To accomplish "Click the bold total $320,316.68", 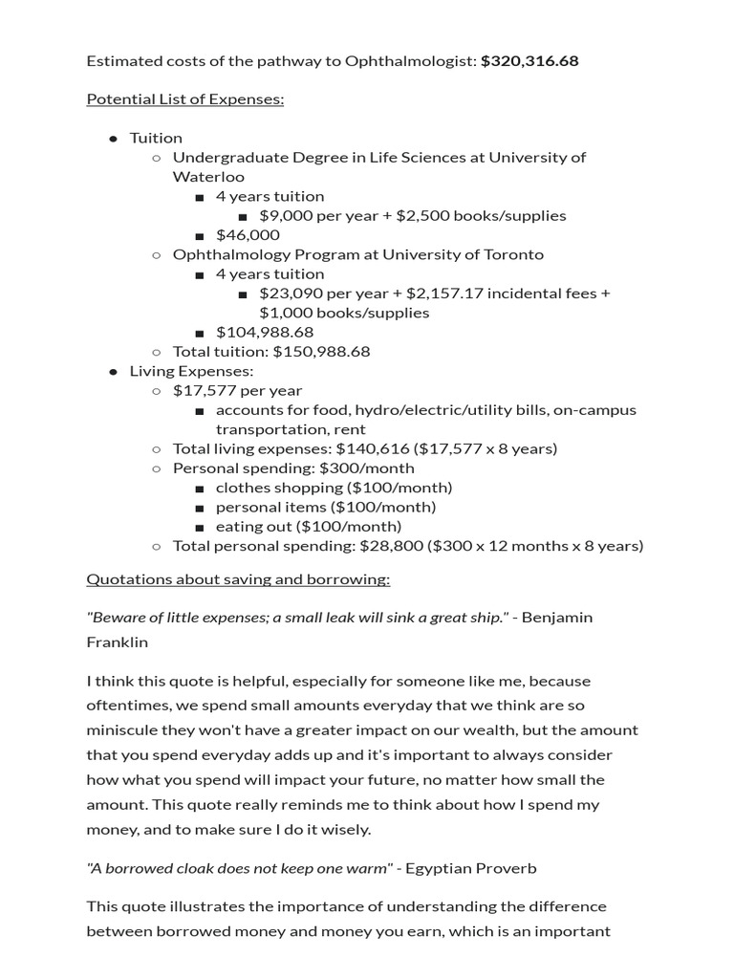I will [x=529, y=61].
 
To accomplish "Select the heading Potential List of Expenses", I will [x=185, y=99].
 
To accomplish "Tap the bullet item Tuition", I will [x=156, y=138].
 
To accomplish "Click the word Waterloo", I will [x=208, y=177].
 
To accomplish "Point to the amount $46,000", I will [x=248, y=235].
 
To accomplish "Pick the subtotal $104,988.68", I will [x=265, y=333].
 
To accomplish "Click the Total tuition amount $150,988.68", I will [x=321, y=352].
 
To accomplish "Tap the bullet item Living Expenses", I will [x=191, y=371].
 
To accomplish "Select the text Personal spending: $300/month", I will [x=293, y=468].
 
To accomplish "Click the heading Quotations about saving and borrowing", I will [x=238, y=579].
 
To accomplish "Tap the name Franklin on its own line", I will [x=118, y=642].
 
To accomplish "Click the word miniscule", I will [x=123, y=730].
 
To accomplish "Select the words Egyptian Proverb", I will [x=471, y=868].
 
